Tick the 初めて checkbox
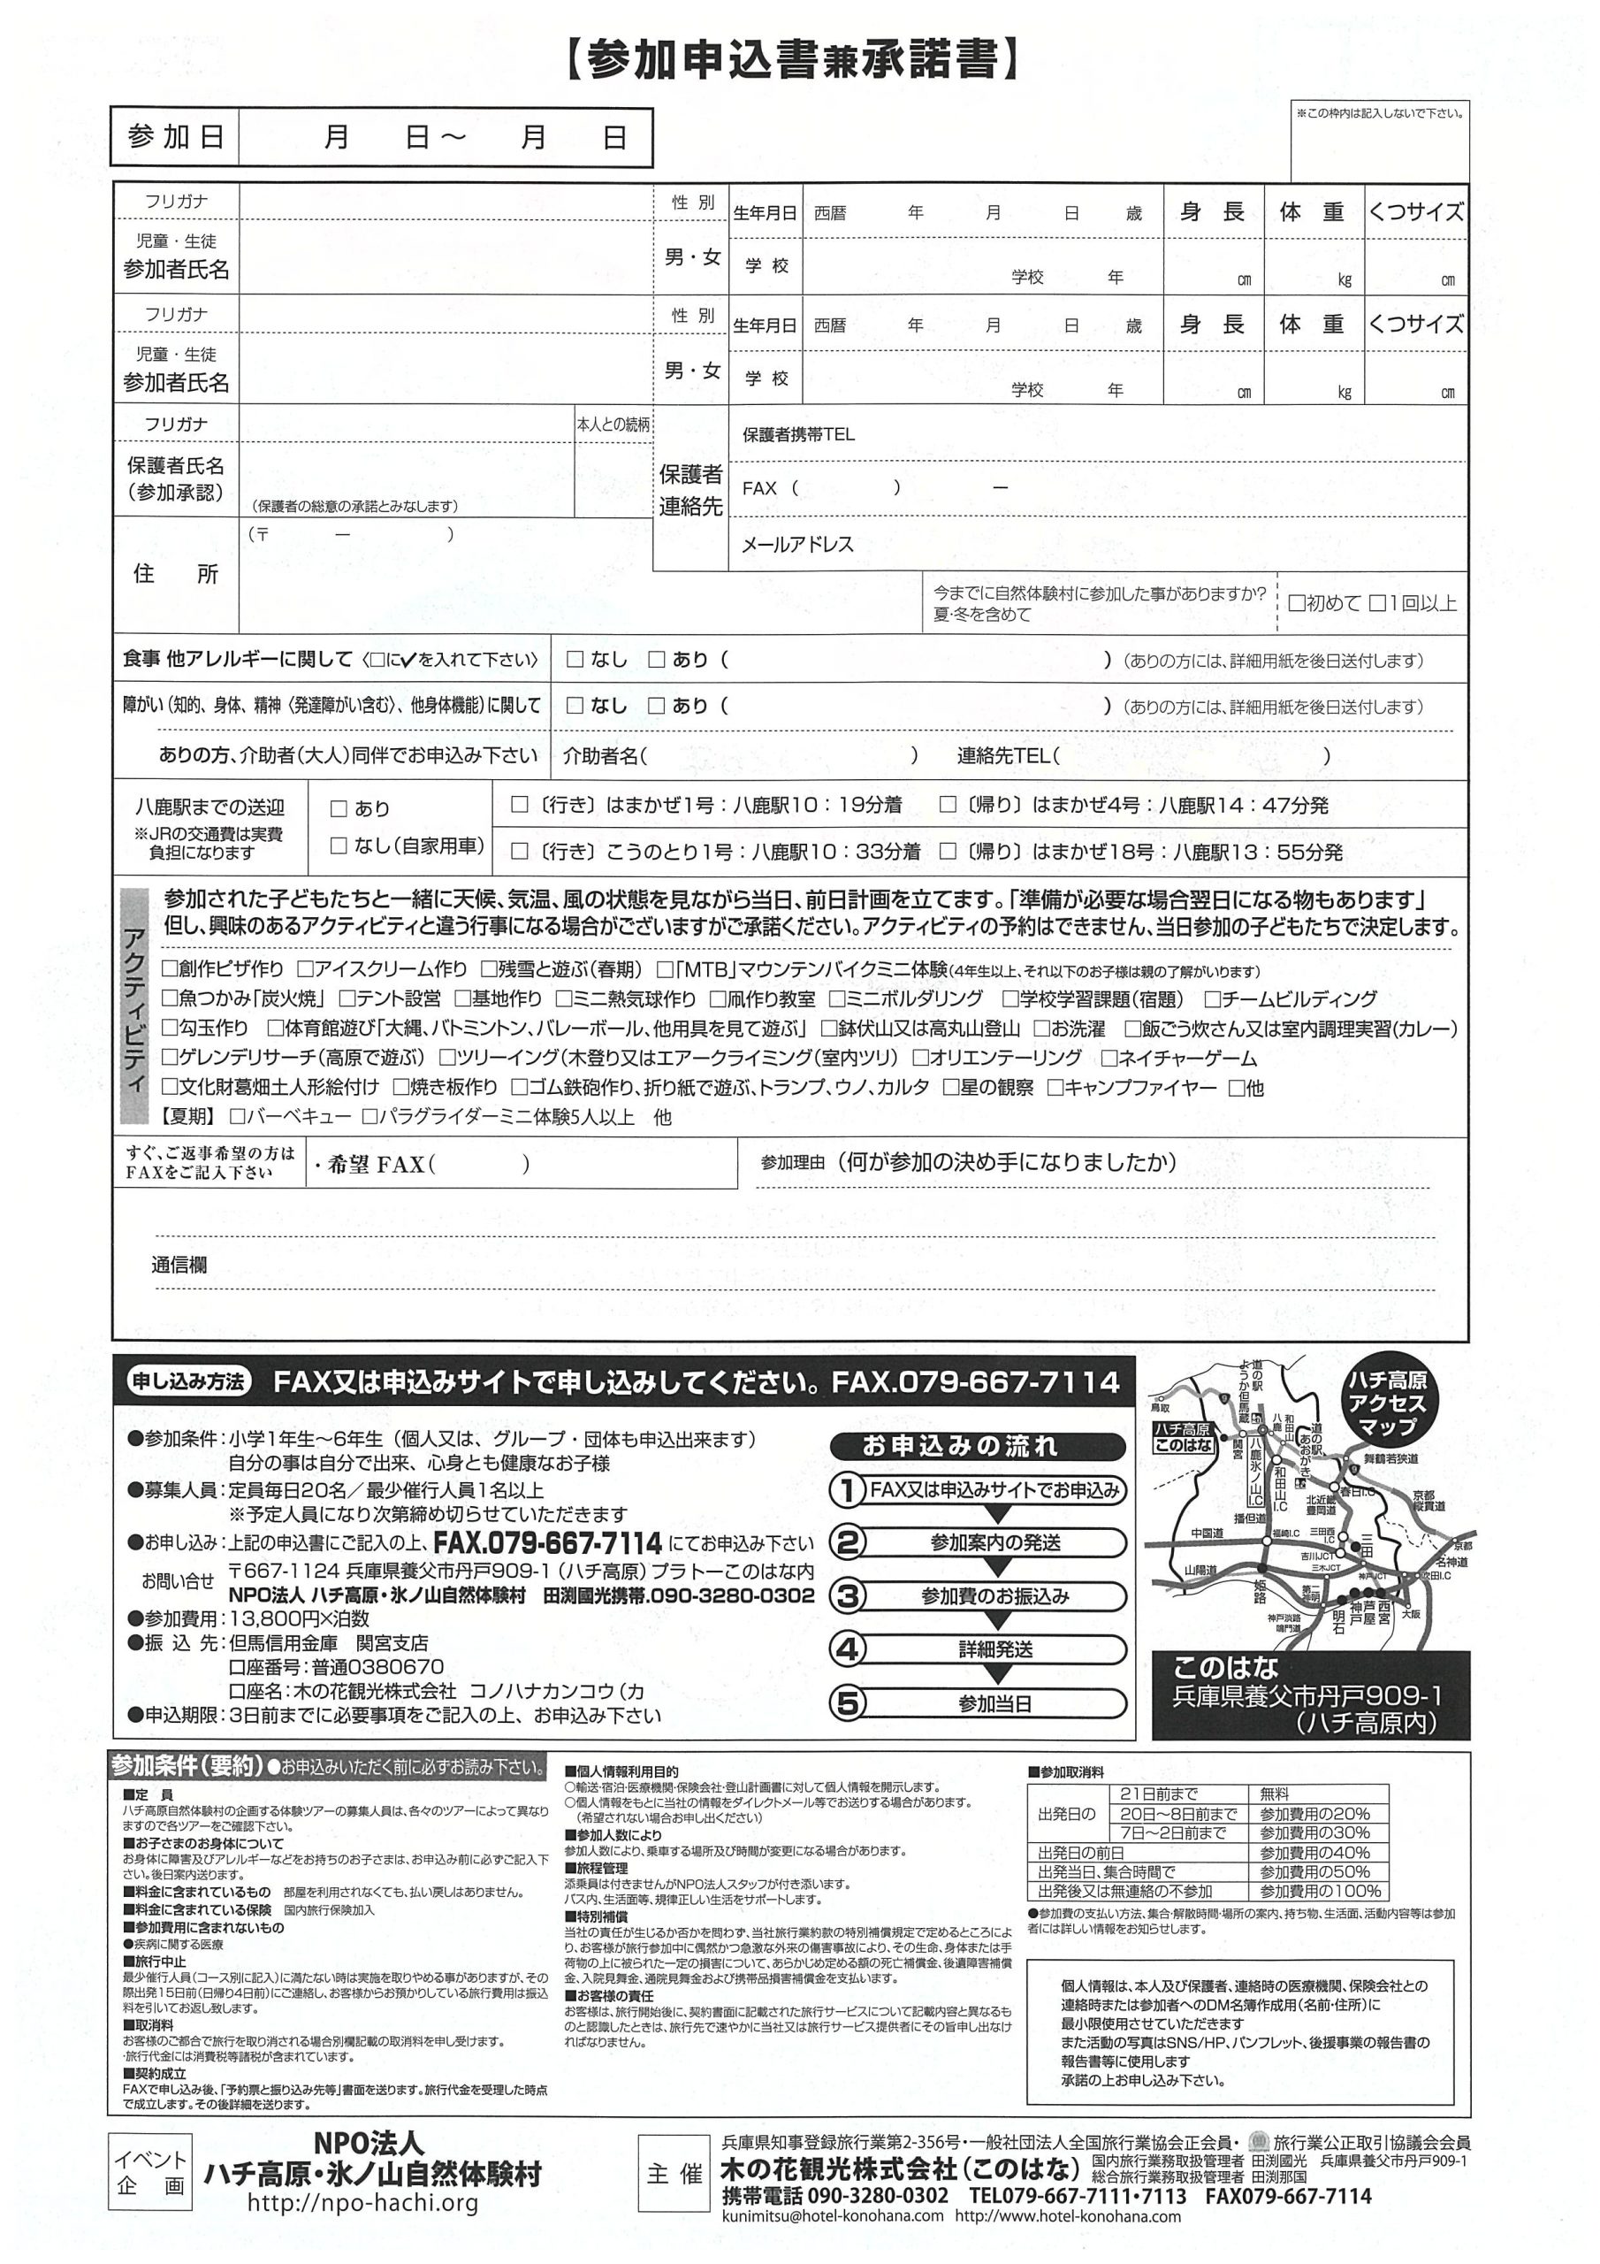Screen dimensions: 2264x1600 point(1298,602)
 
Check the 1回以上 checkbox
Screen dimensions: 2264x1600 point(1377,602)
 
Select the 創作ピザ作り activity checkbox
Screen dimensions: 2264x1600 point(170,969)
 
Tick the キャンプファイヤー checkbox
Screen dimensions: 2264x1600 point(1055,1088)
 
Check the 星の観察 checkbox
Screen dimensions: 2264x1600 point(951,1088)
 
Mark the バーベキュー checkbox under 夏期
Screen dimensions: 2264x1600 point(237,1117)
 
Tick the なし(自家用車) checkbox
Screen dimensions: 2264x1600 point(339,846)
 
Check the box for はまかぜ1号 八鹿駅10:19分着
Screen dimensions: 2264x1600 point(521,805)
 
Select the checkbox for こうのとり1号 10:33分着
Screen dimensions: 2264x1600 point(521,851)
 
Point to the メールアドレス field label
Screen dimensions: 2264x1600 point(796,544)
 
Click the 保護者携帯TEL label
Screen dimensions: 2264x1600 point(798,435)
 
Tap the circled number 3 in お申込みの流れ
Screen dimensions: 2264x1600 point(847,1595)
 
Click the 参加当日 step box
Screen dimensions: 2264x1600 point(994,1703)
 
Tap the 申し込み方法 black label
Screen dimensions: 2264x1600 point(188,1381)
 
